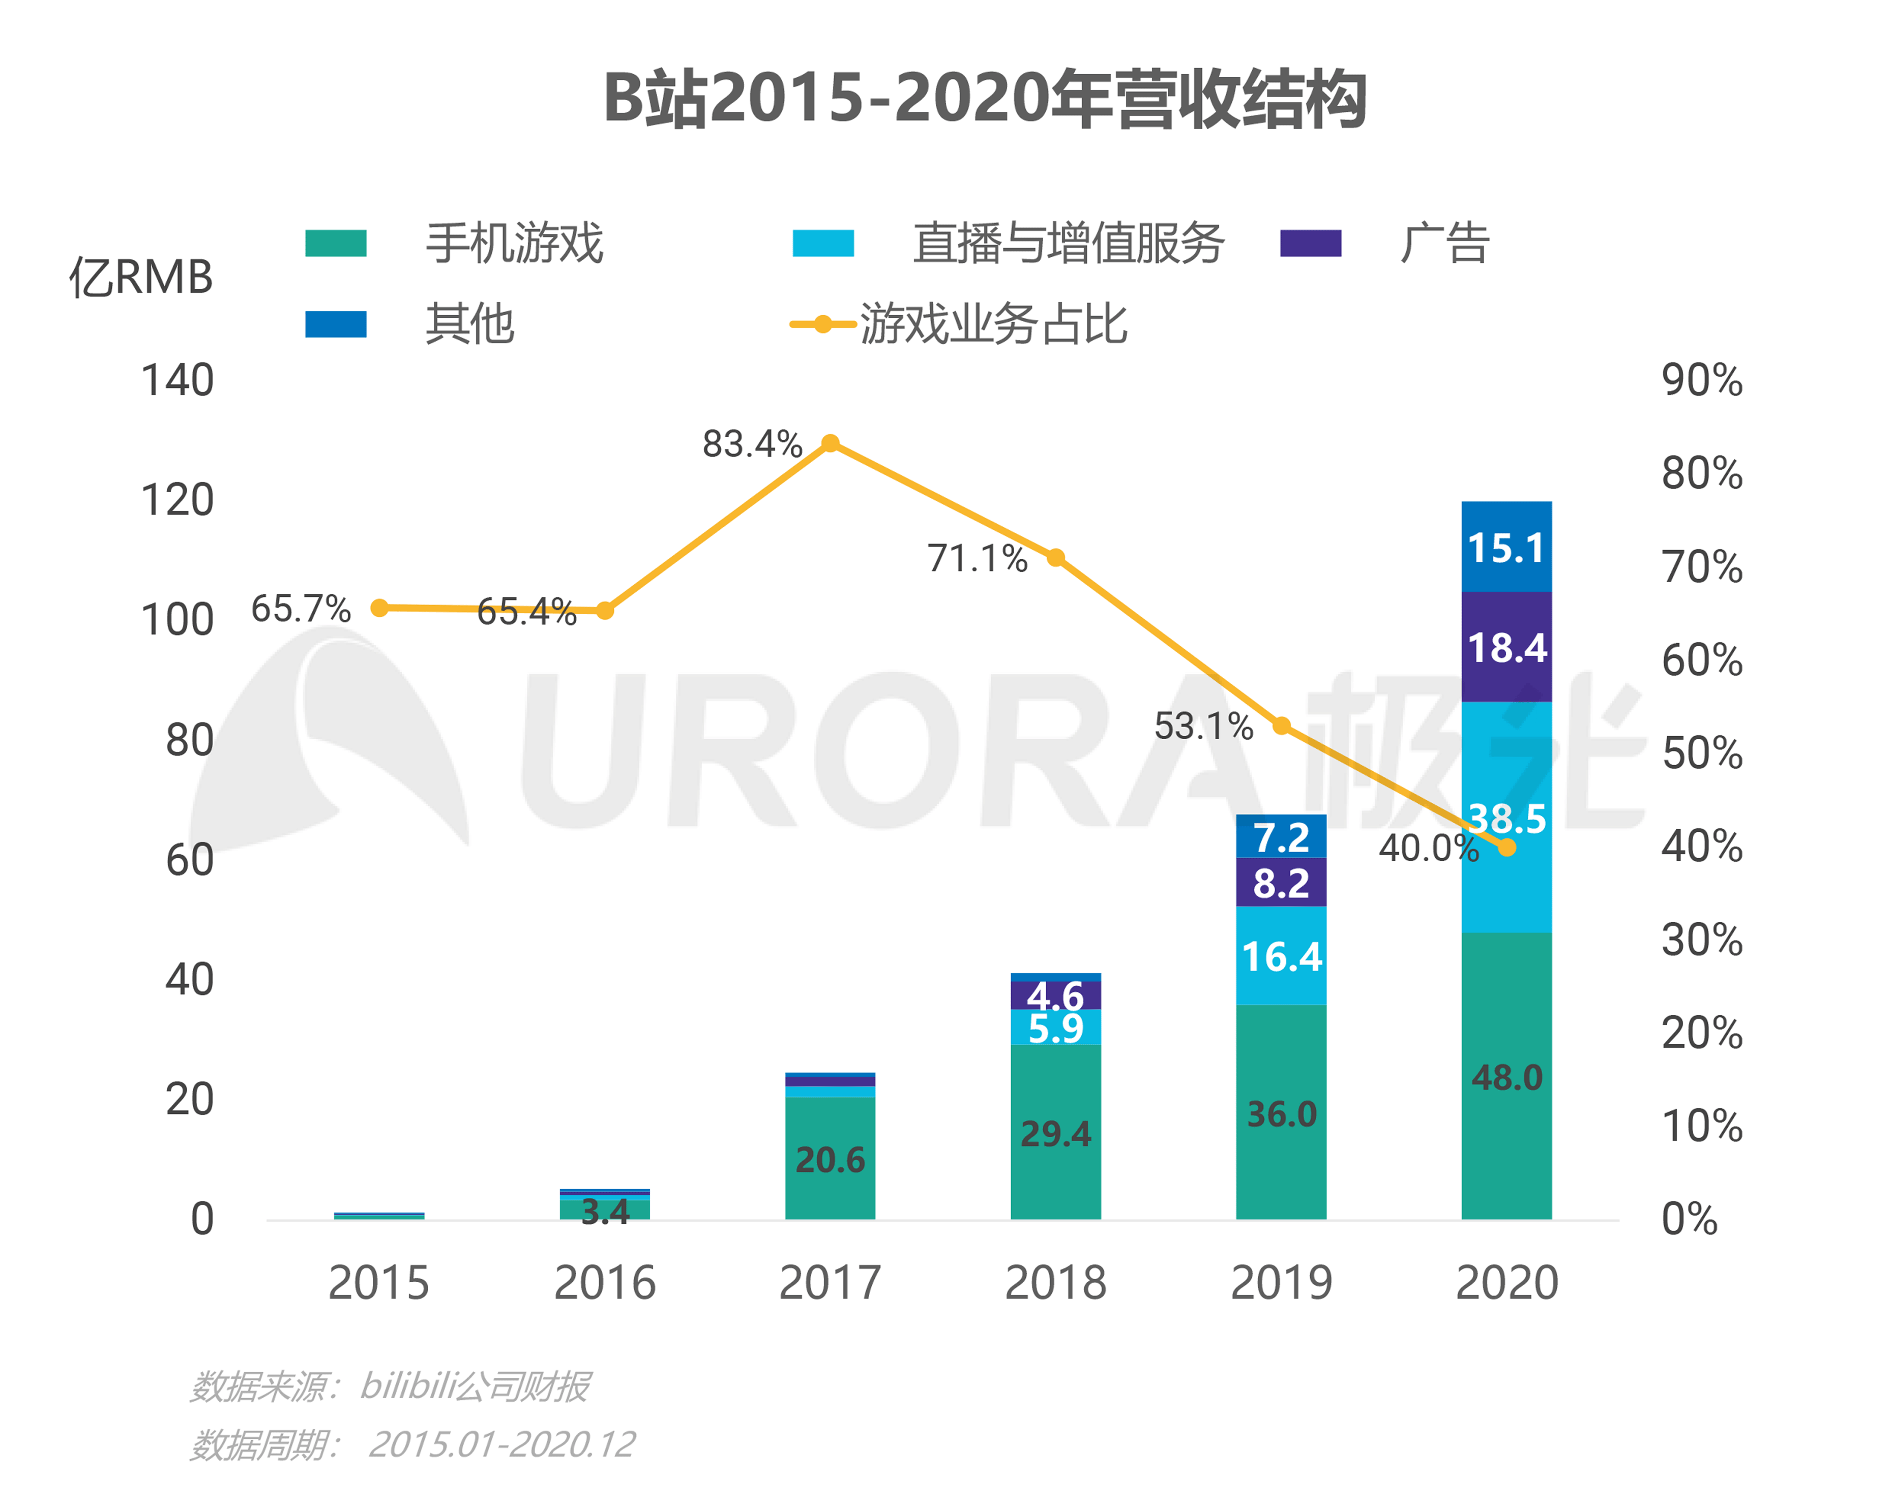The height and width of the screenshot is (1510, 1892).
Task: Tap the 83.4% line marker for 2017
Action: pos(830,443)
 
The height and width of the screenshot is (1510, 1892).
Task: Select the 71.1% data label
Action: pos(977,558)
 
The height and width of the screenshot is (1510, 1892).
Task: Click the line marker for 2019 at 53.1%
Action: pos(1281,726)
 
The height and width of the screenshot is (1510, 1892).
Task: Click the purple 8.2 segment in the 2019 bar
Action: pos(1281,882)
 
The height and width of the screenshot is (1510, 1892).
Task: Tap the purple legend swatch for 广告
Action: pos(1310,243)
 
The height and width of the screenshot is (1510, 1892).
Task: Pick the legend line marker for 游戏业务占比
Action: pos(822,325)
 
